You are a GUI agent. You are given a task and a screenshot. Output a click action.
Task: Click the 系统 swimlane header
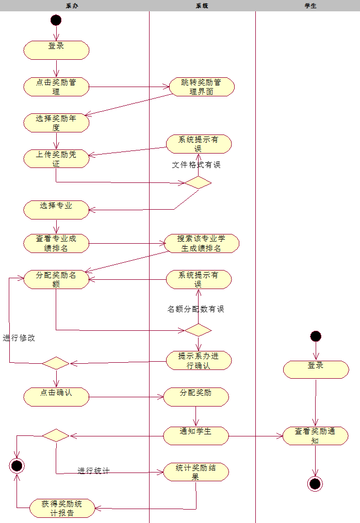202,6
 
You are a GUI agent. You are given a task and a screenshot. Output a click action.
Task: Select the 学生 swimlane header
310,6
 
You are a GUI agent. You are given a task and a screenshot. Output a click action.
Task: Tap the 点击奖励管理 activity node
56,87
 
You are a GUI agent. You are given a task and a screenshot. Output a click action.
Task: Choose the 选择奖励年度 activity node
56,123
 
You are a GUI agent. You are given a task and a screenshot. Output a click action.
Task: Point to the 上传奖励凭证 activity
56,159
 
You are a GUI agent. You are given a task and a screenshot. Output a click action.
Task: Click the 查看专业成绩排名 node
56,243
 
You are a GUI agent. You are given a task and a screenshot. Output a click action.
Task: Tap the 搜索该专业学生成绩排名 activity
202,243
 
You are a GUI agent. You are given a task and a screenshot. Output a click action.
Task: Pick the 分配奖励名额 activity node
56,279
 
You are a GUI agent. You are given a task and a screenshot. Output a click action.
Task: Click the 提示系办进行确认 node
199,360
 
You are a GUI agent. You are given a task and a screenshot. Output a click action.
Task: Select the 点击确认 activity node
56,396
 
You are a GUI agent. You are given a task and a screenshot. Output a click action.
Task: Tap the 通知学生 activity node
196,435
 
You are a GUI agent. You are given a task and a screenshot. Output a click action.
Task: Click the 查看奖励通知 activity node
316,435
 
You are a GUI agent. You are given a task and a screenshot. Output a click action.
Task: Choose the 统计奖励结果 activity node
196,472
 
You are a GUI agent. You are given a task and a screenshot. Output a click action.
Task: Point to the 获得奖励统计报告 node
62,508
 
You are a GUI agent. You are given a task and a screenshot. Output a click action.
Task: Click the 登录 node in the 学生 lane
316,369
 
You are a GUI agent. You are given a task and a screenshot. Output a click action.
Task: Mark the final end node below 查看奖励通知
315,483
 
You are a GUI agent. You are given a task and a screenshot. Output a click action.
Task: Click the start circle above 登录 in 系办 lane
56,21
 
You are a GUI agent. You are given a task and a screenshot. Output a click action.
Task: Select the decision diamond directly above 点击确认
56,363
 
